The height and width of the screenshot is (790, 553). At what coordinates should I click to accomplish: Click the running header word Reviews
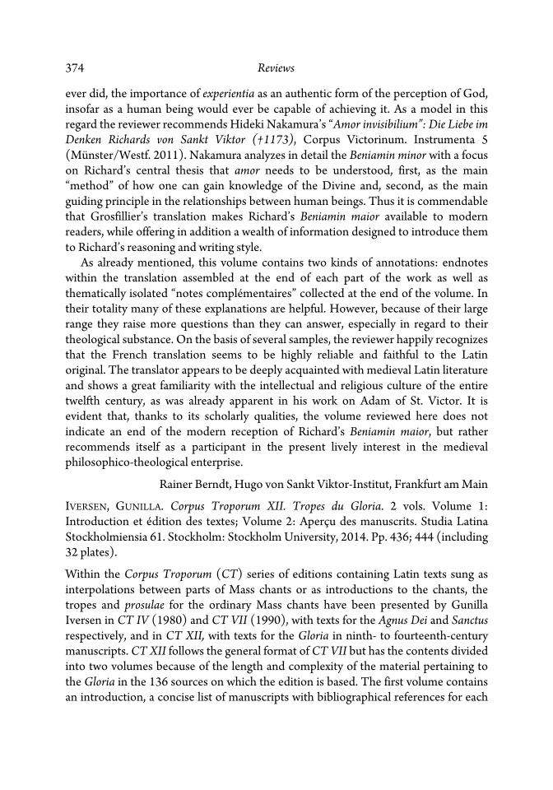click(274, 68)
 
